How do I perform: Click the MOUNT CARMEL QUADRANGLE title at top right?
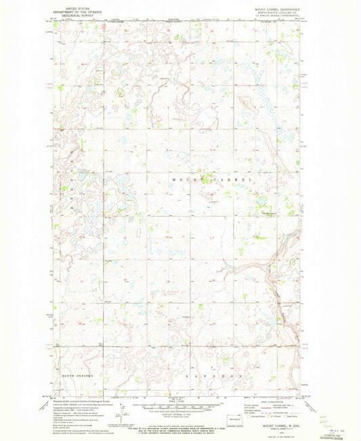273,9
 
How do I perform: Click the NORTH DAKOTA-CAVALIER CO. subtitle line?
273,14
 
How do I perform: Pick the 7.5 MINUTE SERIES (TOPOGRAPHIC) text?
273,18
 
